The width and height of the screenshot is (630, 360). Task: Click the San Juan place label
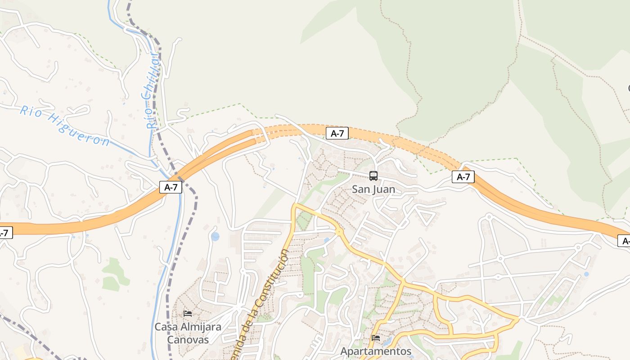[373, 189]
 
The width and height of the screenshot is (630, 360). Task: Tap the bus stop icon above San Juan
[373, 175]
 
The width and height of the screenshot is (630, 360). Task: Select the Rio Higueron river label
[64, 126]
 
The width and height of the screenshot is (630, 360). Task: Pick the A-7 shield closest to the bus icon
[337, 133]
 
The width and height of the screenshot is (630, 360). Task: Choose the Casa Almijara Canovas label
[188, 333]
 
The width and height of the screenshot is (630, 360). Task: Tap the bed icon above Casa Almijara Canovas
[188, 313]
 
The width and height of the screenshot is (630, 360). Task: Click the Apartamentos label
[376, 351]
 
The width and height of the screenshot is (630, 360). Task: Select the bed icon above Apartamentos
[376, 337]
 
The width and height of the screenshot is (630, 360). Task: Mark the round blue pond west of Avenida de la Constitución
[215, 236]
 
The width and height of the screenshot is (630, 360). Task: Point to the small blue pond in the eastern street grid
[586, 274]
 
